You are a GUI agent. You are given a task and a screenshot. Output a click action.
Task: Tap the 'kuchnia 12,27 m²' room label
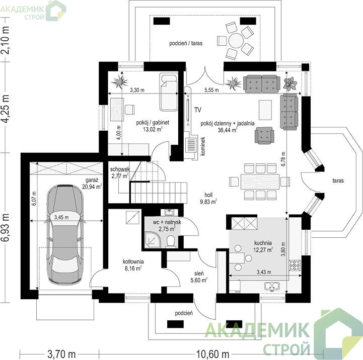tap(263, 246)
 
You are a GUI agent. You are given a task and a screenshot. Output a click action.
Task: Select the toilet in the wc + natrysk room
tap(171, 241)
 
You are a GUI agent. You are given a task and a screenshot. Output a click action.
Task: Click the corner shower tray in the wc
tap(152, 239)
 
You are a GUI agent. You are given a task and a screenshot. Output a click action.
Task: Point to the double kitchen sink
tap(272, 286)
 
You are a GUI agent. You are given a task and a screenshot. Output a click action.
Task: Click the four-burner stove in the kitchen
tap(295, 265)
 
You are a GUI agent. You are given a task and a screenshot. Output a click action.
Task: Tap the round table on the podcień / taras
tap(236, 40)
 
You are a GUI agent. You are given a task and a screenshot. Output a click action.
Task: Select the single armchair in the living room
tap(264, 135)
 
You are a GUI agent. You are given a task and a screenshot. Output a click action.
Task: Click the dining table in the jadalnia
tap(260, 182)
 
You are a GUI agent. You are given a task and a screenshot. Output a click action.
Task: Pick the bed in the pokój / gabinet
tap(169, 92)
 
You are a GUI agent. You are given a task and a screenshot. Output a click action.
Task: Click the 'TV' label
tap(198, 110)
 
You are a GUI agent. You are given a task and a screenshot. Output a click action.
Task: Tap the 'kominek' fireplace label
tap(203, 146)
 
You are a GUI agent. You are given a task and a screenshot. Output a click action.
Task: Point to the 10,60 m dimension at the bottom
tap(212, 354)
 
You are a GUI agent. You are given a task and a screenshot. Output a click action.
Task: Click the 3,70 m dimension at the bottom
tap(61, 354)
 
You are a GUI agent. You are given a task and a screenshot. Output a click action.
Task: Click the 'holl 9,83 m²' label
tap(208, 199)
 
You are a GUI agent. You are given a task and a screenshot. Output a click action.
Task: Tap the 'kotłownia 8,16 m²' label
tap(133, 265)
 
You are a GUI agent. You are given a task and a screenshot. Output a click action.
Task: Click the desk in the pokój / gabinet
tap(117, 110)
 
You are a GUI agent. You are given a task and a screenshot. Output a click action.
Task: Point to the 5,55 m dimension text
tap(211, 90)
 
